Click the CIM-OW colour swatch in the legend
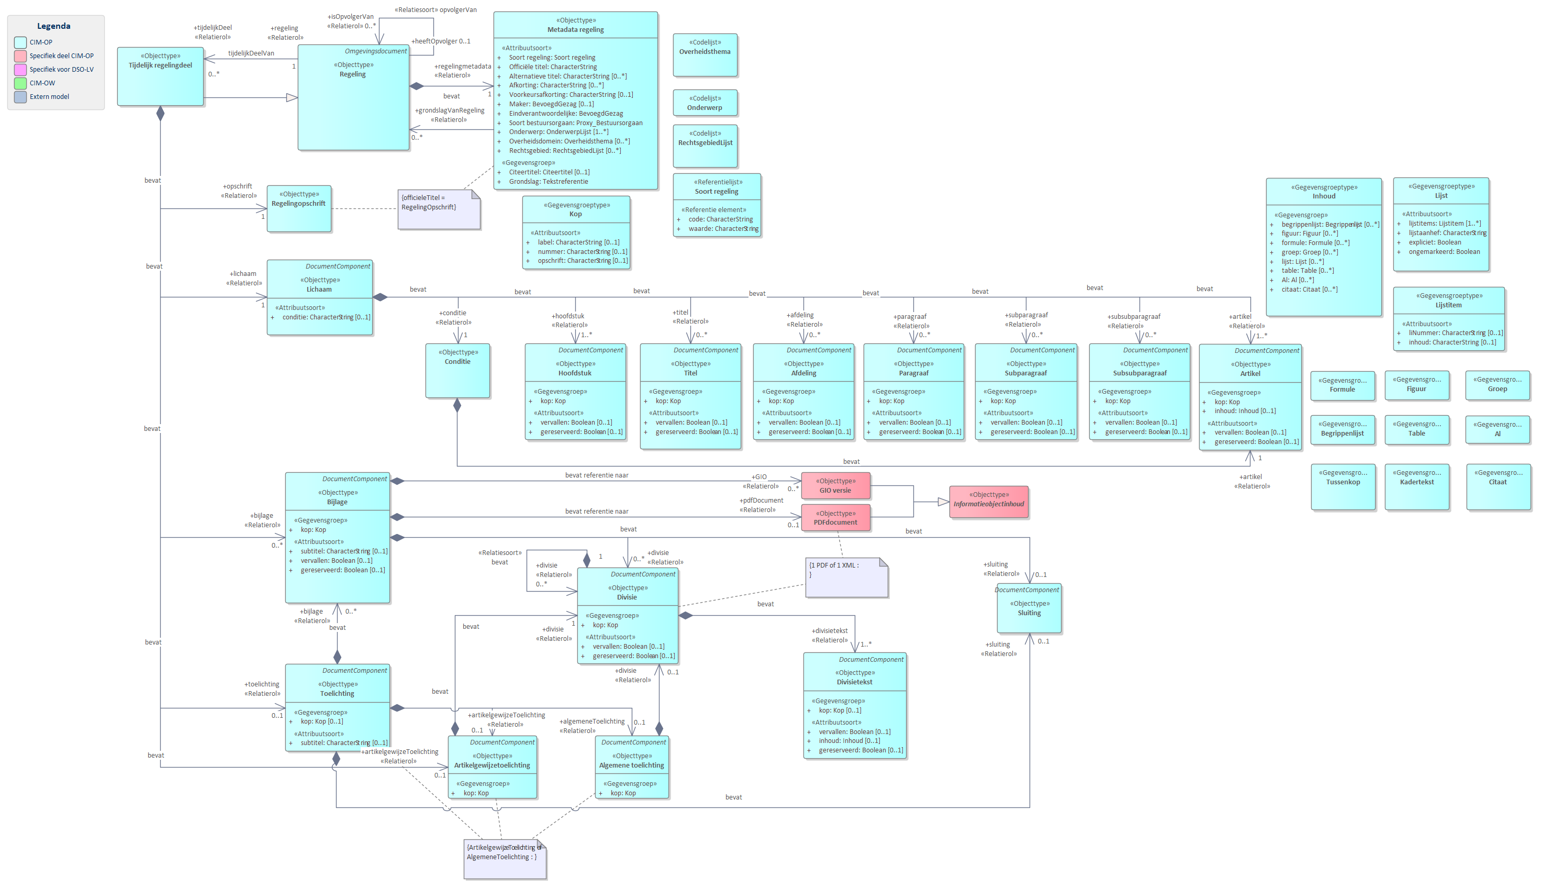(20, 83)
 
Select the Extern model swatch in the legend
(20, 96)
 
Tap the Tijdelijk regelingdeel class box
(160, 76)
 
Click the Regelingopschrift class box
(299, 208)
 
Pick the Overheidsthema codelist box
(705, 55)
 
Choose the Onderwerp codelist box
(705, 103)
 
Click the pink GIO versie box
(835, 485)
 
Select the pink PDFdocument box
(835, 518)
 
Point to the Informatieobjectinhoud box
(988, 502)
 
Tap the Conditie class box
(457, 370)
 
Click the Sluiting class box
(1029, 610)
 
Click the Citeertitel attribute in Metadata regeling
(549, 172)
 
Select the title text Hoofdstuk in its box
(575, 373)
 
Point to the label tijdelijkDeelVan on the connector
(251, 53)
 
